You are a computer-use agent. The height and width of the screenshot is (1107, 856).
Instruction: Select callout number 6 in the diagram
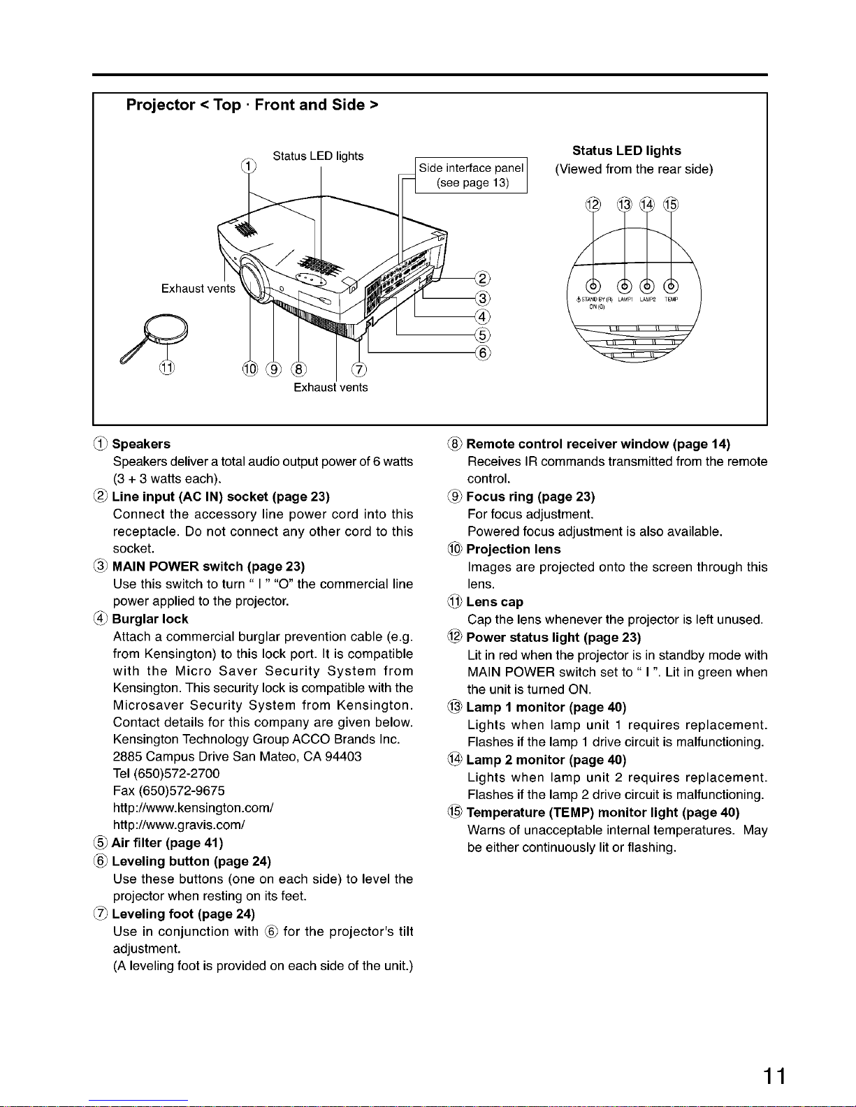(x=482, y=353)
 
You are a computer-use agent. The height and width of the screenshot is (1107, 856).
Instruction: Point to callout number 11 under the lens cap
(x=167, y=368)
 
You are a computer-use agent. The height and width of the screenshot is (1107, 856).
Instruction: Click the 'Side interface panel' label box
(x=472, y=175)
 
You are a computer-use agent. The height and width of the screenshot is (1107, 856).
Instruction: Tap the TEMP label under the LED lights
(x=671, y=299)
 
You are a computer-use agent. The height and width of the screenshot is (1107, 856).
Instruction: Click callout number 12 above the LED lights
(x=593, y=205)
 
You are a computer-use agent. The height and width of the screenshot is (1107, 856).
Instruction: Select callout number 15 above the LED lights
(x=671, y=205)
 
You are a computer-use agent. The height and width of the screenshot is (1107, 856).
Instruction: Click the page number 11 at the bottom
(x=774, y=1076)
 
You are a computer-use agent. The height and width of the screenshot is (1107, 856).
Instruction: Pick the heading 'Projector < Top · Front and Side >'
(x=252, y=105)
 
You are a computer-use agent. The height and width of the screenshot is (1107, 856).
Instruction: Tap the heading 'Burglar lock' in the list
(x=150, y=619)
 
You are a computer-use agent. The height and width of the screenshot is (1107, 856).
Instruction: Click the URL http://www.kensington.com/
(x=193, y=808)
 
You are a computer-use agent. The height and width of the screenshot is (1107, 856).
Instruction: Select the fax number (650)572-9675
(x=169, y=791)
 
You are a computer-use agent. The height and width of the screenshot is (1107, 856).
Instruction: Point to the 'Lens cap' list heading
(x=495, y=602)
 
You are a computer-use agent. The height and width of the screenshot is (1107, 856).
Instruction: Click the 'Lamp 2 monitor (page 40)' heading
(x=546, y=760)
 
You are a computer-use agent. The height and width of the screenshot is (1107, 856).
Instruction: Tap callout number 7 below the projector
(x=358, y=369)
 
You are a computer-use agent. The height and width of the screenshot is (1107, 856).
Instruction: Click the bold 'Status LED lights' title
(x=626, y=151)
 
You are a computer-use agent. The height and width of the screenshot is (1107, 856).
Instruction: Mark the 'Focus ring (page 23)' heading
(x=530, y=497)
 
